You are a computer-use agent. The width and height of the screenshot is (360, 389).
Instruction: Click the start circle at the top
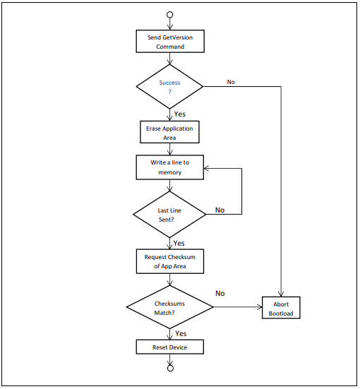click(x=169, y=14)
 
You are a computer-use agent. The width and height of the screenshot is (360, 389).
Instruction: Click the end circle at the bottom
click(x=169, y=367)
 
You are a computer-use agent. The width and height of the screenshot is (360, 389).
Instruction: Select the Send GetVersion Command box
click(x=169, y=42)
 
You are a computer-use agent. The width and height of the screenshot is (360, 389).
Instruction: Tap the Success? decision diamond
click(x=169, y=88)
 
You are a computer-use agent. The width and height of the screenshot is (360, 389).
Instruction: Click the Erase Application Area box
click(x=169, y=133)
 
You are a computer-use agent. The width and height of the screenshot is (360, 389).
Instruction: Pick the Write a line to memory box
click(x=169, y=167)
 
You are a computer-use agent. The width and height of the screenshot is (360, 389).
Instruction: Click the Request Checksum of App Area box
click(x=169, y=261)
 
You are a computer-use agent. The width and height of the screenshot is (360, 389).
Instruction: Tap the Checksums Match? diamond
click(x=169, y=307)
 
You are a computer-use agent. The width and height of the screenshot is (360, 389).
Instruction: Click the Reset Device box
click(x=169, y=347)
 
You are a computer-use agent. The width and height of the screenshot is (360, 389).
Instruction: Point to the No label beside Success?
click(x=231, y=82)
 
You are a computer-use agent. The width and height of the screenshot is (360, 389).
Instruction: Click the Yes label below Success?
click(x=179, y=114)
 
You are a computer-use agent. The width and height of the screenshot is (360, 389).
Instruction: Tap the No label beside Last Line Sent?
click(x=220, y=210)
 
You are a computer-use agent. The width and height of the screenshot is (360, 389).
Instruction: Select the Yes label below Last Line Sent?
click(x=179, y=243)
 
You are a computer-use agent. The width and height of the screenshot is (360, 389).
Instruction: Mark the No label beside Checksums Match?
click(x=220, y=293)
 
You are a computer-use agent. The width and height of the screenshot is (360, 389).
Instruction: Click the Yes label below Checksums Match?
click(x=181, y=333)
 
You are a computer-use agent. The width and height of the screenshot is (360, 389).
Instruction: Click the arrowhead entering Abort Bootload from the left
click(x=259, y=308)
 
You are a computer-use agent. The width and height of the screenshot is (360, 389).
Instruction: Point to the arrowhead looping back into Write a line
click(x=208, y=168)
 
